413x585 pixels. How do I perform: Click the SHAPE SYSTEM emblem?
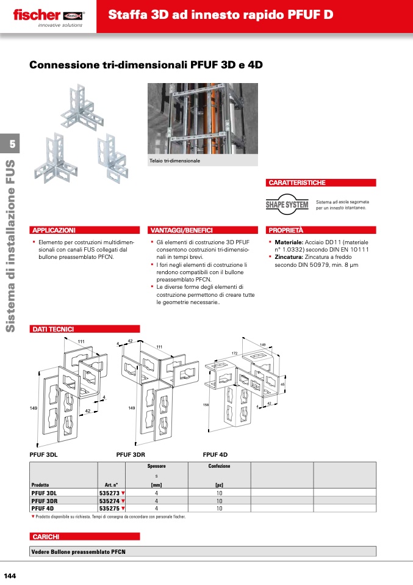click(287, 204)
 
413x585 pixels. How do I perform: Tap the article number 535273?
click(109, 493)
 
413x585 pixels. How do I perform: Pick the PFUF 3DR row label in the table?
click(45, 501)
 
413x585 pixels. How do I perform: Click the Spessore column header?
click(157, 466)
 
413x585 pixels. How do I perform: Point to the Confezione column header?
click(219, 466)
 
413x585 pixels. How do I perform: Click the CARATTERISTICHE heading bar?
click(320, 183)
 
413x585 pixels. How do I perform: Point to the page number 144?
click(10, 576)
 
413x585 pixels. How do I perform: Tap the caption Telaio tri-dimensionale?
click(175, 161)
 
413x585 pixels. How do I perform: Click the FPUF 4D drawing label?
click(215, 455)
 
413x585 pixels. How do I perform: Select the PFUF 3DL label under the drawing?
click(43, 455)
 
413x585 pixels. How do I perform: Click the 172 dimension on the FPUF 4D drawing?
click(234, 353)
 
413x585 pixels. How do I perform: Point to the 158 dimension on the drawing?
click(206, 405)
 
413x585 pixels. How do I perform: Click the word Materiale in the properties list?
click(289, 242)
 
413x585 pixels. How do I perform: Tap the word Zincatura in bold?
click(289, 257)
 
